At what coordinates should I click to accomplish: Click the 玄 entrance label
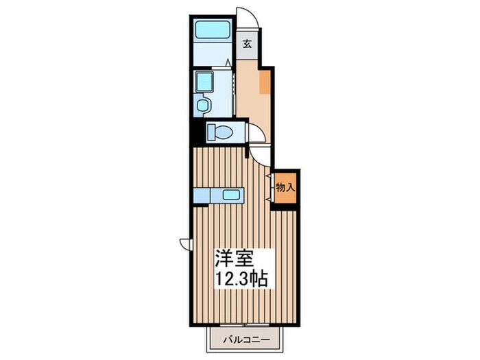point(248,45)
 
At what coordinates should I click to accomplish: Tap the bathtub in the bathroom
point(213,29)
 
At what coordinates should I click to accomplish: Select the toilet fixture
point(220,133)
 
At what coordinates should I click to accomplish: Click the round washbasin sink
point(202,106)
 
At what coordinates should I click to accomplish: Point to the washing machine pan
point(204,82)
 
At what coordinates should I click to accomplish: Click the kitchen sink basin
point(231,195)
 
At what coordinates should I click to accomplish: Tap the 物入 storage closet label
point(285,187)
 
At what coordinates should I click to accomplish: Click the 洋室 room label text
point(235,259)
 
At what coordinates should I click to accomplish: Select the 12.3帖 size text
point(243,278)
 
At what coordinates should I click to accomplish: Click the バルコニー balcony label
point(246,339)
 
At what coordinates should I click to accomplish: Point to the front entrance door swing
point(247,17)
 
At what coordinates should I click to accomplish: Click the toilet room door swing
point(256,133)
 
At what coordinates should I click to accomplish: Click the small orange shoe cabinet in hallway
point(265,82)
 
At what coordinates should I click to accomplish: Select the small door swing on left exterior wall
point(186,244)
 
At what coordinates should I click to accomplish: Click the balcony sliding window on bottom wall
point(244,324)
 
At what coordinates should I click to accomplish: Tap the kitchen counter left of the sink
point(202,195)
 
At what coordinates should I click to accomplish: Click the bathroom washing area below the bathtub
point(213,53)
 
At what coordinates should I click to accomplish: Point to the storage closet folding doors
point(272,188)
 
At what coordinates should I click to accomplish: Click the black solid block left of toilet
point(197,133)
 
